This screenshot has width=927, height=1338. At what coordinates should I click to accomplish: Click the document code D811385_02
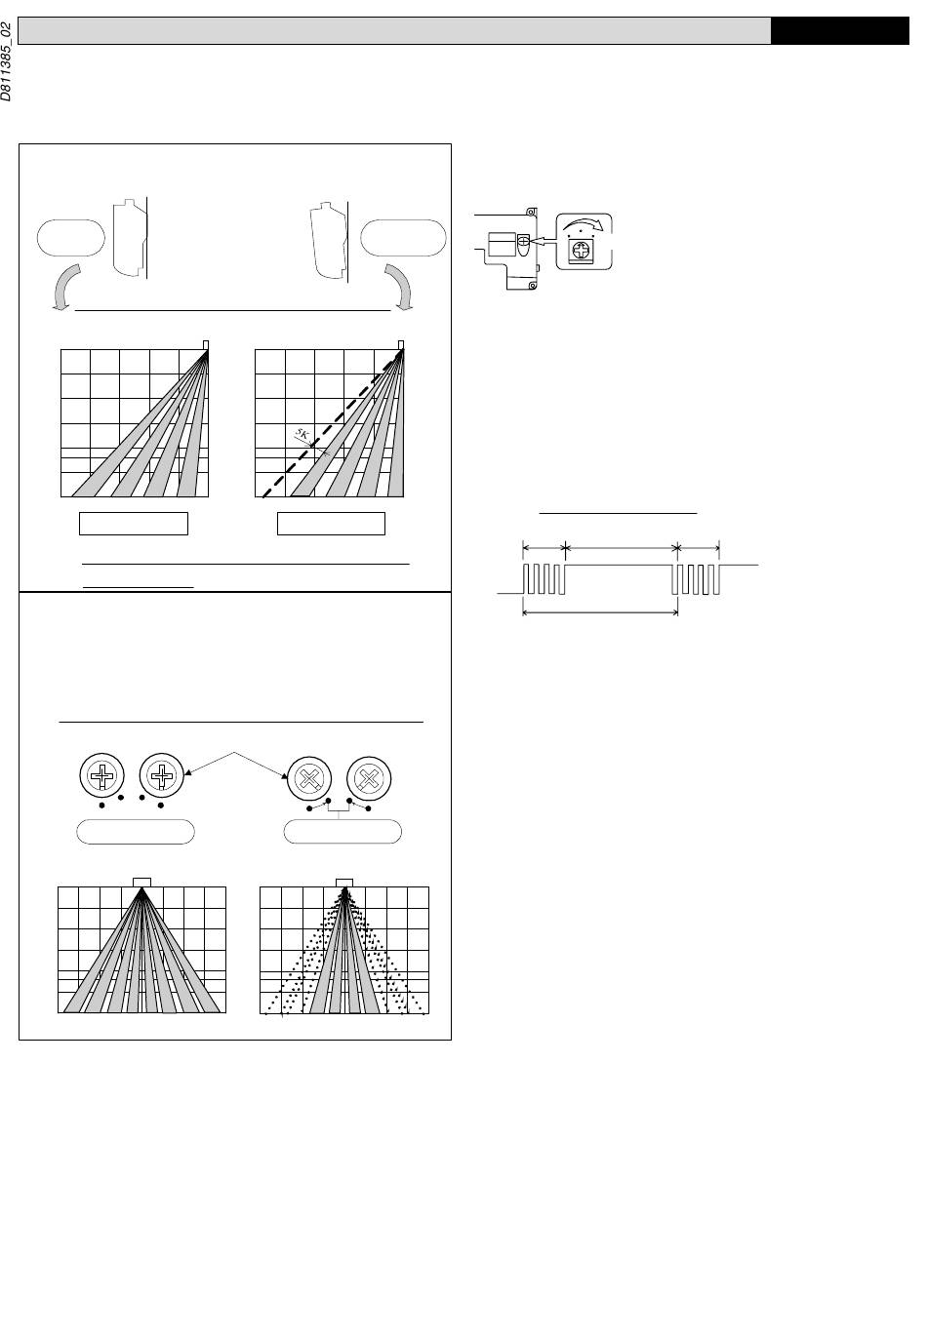tap(6, 61)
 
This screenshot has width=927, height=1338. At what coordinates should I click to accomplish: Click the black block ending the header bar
tap(840, 31)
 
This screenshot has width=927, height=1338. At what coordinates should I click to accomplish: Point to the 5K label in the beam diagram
tap(302, 434)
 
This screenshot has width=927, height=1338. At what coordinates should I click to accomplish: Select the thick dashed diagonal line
tap(333, 423)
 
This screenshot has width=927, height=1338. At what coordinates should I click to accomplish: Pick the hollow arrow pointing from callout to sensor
tap(543, 241)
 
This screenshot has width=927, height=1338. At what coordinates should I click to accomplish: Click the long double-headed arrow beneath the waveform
tap(600, 612)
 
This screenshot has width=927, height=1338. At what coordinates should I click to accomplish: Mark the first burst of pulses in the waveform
tap(544, 579)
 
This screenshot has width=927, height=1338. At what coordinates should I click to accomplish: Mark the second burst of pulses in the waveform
tap(696, 579)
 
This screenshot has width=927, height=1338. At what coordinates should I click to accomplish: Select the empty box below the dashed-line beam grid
tap(331, 524)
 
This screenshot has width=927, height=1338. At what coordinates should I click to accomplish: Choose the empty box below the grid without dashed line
tap(134, 524)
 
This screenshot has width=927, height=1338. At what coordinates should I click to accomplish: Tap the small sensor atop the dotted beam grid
tap(344, 883)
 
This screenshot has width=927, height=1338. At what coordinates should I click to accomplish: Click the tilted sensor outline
tap(328, 241)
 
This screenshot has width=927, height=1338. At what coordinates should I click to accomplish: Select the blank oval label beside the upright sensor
tap(71, 238)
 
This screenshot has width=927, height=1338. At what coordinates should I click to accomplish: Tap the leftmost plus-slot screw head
tap(101, 775)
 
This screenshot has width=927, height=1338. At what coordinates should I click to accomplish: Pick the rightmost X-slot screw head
tap(369, 778)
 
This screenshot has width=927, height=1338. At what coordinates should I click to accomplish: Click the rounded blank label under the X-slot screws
tap(343, 832)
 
